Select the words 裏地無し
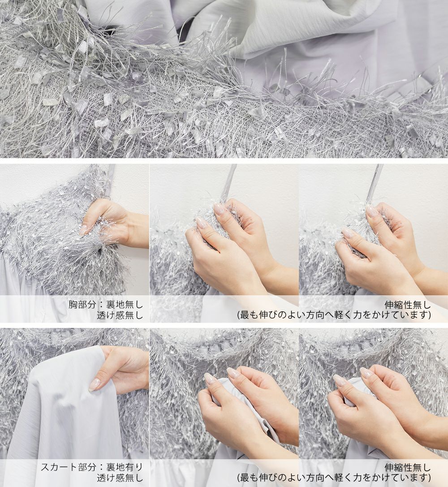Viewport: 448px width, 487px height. tap(125, 304)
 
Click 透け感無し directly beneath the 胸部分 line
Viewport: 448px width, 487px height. tap(120, 315)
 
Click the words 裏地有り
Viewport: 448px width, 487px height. tap(125, 467)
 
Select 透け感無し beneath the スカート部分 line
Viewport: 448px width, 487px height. tap(120, 478)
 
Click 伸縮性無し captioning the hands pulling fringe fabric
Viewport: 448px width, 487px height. tap(408, 304)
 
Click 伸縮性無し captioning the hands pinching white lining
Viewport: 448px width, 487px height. tap(408, 467)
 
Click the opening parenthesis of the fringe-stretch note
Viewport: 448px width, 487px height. tap(239, 315)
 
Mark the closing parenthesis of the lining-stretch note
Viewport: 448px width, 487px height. tap(429, 478)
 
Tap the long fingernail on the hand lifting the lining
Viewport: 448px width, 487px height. tap(94, 385)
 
